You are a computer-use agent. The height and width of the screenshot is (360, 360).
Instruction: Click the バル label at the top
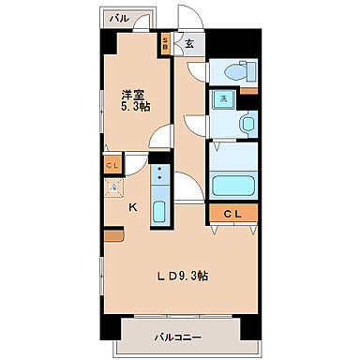point(119,18)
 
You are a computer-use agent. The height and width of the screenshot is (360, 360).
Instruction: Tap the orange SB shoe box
point(166,41)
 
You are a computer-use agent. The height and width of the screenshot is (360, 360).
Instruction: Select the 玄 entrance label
point(188,42)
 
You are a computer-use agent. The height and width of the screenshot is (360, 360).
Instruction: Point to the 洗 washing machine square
point(224,98)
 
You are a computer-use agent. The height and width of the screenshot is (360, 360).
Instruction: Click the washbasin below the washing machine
point(246,124)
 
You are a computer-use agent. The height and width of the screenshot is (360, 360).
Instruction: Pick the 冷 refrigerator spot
point(112,187)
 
